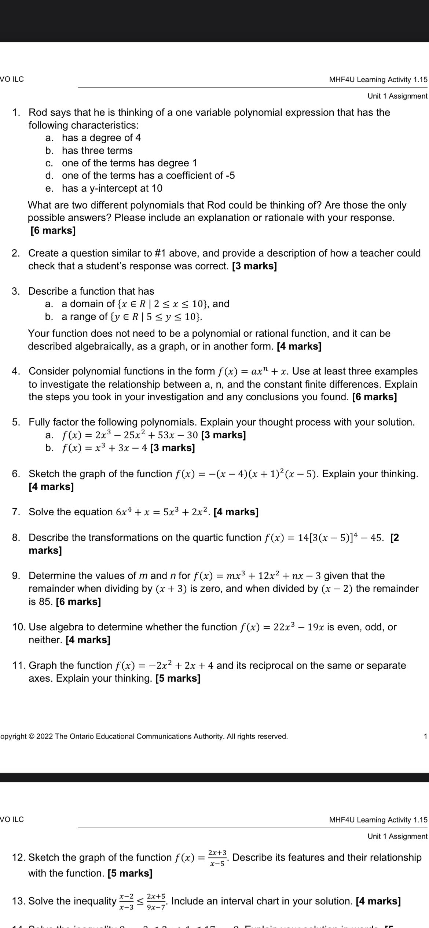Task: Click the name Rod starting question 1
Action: [37, 113]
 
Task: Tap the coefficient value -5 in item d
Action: [230, 176]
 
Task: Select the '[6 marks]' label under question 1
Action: [53, 231]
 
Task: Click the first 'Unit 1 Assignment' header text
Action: [397, 96]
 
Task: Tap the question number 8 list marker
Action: [16, 538]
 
